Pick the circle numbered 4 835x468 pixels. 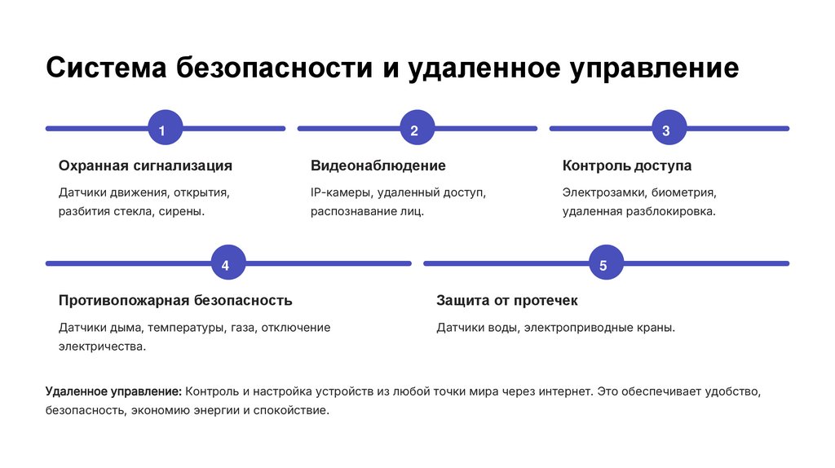pyautogui.click(x=226, y=264)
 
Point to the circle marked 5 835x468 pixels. pyautogui.click(x=603, y=264)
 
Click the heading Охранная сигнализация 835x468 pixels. pyautogui.click(x=145, y=166)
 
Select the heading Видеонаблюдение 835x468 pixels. pyautogui.click(x=378, y=166)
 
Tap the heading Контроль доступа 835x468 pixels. pyautogui.click(x=626, y=166)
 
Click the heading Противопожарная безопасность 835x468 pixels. pyautogui.click(x=175, y=300)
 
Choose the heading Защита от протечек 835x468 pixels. pyautogui.click(x=506, y=300)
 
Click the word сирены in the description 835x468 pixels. pyautogui.click(x=183, y=211)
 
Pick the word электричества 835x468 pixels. pyautogui.click(x=102, y=346)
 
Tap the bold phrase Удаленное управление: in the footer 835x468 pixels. pyautogui.click(x=113, y=392)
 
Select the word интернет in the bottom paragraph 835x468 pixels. pyautogui.click(x=565, y=392)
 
